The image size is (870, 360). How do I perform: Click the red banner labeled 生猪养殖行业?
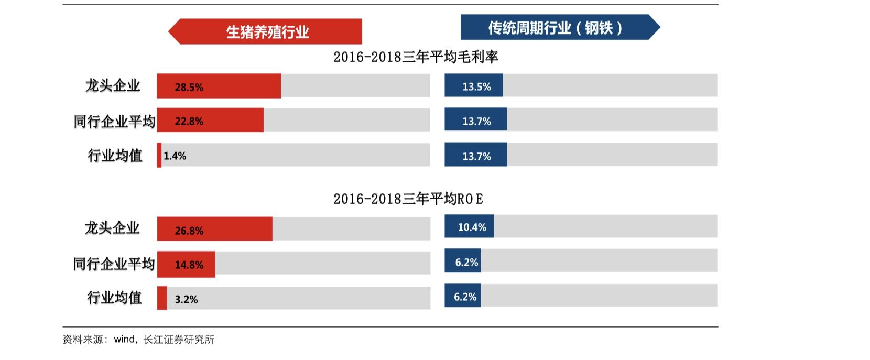(267, 32)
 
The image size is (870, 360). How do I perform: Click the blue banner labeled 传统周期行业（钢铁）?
(556, 27)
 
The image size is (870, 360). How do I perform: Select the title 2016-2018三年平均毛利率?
(416, 57)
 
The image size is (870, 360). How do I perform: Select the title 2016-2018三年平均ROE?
(408, 199)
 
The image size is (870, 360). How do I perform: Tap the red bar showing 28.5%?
(219, 86)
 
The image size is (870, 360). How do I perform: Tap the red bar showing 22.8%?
(210, 121)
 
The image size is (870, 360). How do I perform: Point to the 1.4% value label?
(175, 156)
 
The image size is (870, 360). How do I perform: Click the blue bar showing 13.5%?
(474, 85)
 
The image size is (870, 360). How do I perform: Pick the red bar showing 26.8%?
(214, 229)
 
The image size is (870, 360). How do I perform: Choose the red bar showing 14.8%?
(186, 264)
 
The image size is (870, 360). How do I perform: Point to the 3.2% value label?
(186, 299)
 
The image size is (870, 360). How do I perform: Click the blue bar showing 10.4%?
(469, 226)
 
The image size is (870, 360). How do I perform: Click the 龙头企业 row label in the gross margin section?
(113, 85)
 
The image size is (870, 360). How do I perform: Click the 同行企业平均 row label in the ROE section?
(114, 264)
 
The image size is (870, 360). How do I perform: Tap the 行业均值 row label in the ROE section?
(114, 298)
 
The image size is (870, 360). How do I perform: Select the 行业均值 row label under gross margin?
(115, 156)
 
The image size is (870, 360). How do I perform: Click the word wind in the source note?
(124, 340)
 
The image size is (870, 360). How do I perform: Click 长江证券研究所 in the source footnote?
(179, 340)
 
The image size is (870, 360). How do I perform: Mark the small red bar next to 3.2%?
(162, 298)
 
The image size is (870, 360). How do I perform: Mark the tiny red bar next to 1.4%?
(159, 156)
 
